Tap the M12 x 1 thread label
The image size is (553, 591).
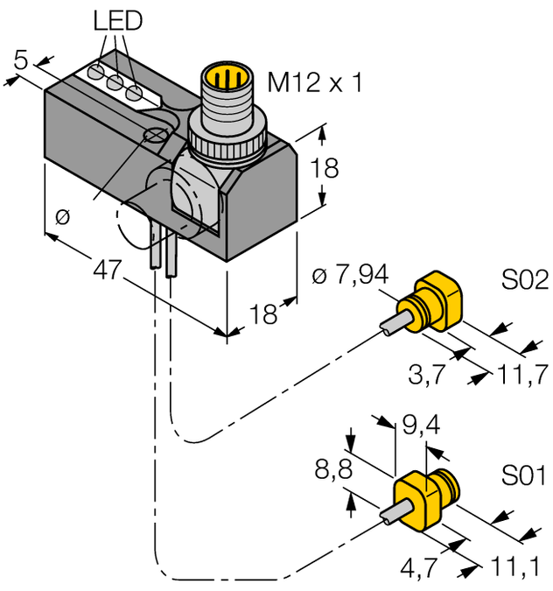[313, 83]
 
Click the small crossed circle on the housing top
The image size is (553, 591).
[156, 134]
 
